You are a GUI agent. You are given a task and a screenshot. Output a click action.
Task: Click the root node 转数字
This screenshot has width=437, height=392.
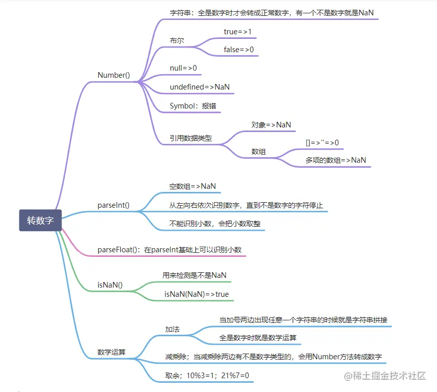(40, 221)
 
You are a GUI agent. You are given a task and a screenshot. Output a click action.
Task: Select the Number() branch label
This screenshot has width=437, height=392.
(114, 75)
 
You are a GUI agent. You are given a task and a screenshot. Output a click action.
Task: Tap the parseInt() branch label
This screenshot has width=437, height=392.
(113, 205)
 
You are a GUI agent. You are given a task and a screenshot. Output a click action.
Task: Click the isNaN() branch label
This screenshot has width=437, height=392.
(110, 285)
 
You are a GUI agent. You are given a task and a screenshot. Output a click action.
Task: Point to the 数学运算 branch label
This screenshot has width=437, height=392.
(112, 352)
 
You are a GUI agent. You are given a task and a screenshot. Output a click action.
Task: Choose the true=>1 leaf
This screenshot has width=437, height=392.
(238, 32)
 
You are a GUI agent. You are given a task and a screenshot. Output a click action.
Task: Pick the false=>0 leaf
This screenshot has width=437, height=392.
(238, 50)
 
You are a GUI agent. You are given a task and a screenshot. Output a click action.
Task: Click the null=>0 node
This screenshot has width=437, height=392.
(183, 68)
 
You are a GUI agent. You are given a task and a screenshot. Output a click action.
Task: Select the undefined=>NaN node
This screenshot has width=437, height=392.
(200, 87)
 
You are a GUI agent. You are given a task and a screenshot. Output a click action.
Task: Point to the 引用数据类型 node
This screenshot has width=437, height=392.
(191, 138)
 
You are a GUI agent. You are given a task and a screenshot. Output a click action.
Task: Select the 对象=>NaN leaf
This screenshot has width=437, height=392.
(271, 124)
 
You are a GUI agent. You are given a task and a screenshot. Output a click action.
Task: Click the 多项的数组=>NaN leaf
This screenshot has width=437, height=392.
(336, 160)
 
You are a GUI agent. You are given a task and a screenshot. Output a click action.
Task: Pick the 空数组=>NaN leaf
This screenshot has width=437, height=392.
(192, 186)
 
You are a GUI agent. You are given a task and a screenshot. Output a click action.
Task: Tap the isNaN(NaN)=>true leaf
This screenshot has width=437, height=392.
(196, 294)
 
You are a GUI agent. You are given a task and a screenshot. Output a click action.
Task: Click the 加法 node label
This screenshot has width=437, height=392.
(172, 329)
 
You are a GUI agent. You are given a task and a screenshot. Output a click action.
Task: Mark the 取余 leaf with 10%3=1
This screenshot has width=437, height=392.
(207, 376)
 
